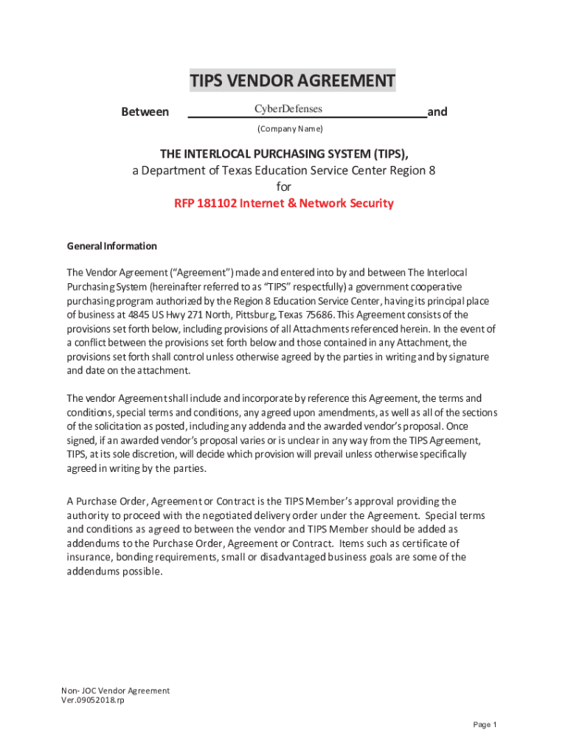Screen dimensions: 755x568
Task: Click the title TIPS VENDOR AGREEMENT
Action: [292, 80]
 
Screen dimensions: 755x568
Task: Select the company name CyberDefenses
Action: [288, 109]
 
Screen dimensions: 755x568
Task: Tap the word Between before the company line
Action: [145, 112]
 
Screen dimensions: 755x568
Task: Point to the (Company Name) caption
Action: [290, 129]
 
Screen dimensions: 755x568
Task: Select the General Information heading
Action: [111, 246]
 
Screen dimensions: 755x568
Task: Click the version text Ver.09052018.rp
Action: [93, 700]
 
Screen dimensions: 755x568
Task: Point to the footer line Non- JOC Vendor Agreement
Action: [116, 691]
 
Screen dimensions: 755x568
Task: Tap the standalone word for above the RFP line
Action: [284, 187]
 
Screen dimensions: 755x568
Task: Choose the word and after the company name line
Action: [437, 112]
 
